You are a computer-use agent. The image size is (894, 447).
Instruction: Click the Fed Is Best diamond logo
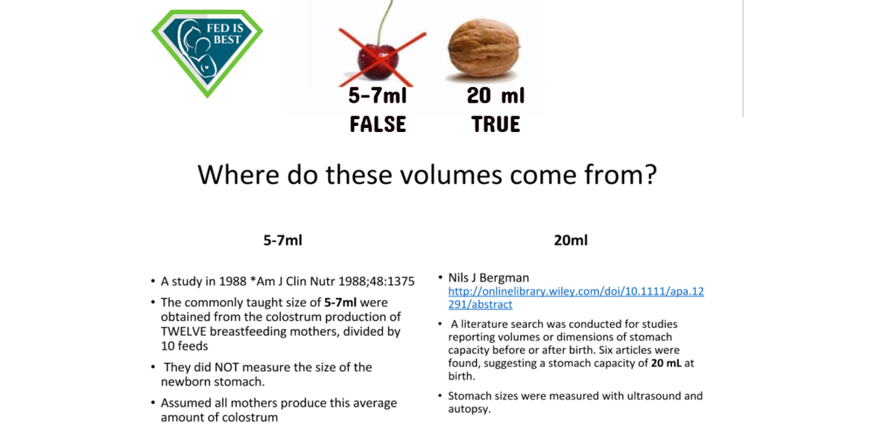pyautogui.click(x=207, y=53)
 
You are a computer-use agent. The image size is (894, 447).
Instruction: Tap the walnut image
pyautogui.click(x=484, y=48)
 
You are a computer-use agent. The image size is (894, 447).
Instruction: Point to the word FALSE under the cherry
pyautogui.click(x=378, y=124)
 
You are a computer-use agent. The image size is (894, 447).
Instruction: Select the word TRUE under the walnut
pyautogui.click(x=495, y=124)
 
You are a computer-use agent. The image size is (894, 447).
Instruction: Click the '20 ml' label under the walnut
pyautogui.click(x=495, y=96)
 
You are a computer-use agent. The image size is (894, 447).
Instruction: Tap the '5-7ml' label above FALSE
pyautogui.click(x=378, y=96)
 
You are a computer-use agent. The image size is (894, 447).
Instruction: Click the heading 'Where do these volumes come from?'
pyautogui.click(x=427, y=175)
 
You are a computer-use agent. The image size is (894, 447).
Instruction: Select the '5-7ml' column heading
pyautogui.click(x=282, y=240)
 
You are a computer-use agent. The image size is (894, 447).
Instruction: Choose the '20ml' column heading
pyautogui.click(x=571, y=240)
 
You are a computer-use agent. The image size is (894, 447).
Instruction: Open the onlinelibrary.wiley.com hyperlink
pyautogui.click(x=576, y=298)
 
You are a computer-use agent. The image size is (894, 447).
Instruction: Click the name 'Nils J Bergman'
pyautogui.click(x=489, y=278)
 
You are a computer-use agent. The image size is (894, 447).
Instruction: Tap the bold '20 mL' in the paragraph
pyautogui.click(x=666, y=364)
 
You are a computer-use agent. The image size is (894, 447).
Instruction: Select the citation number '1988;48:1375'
pyautogui.click(x=376, y=282)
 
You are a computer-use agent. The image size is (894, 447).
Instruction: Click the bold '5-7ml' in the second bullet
pyautogui.click(x=340, y=302)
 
